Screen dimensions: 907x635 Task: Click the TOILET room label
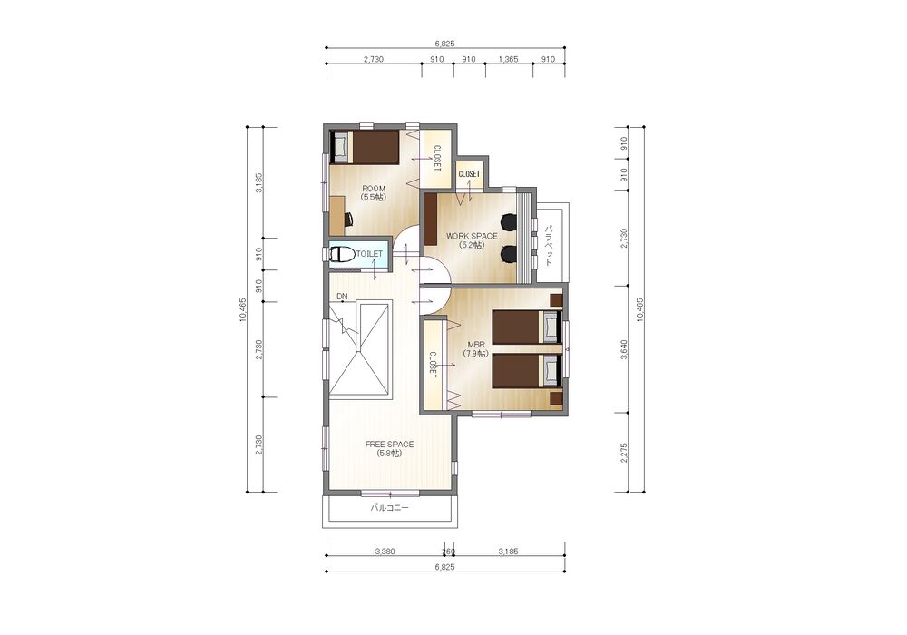(x=369, y=254)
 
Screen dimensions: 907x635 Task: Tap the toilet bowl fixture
(x=343, y=255)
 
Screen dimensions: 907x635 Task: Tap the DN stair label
(x=343, y=297)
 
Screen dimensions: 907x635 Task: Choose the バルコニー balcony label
(x=389, y=508)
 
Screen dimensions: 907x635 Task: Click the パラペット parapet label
(x=549, y=244)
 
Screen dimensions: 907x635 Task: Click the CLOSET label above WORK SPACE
(x=469, y=173)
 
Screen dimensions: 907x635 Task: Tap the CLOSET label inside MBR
(x=432, y=365)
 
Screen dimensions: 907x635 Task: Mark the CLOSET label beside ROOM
(x=437, y=158)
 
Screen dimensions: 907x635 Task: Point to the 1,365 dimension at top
(x=508, y=59)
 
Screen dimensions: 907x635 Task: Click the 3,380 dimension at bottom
(x=385, y=552)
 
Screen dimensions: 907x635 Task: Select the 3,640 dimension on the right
(x=624, y=349)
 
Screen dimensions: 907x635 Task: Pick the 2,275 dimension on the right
(x=624, y=453)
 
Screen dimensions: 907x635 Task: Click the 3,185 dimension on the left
(x=259, y=182)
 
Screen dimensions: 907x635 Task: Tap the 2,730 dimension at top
(x=374, y=59)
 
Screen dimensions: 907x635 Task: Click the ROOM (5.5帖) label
(x=374, y=192)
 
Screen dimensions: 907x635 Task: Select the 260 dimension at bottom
(x=448, y=552)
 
